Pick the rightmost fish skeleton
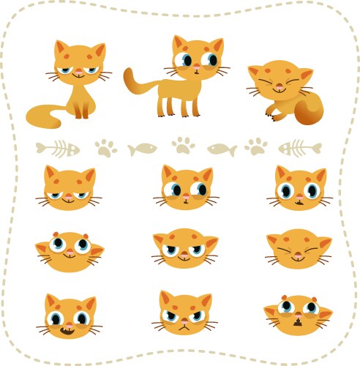[300, 149]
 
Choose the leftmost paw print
[106, 149]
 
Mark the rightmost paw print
[256, 147]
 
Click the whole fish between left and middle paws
[143, 149]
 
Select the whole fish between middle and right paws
[221, 149]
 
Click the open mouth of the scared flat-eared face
[299, 321]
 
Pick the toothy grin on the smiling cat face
[68, 331]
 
